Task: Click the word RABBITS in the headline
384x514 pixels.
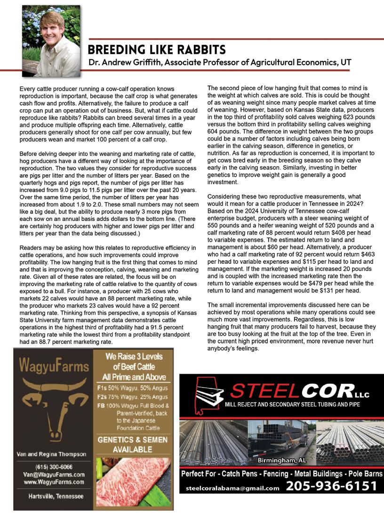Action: point(198,49)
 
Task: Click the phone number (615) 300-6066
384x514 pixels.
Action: point(53,467)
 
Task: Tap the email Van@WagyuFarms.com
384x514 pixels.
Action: point(53,474)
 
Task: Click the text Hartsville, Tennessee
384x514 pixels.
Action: point(53,497)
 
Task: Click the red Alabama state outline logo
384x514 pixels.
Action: point(205,395)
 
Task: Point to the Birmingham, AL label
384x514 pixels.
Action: point(282,460)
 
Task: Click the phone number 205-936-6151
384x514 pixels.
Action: point(332,486)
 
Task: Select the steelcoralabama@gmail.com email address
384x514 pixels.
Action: point(232,488)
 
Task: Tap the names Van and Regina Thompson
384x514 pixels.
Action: point(53,454)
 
